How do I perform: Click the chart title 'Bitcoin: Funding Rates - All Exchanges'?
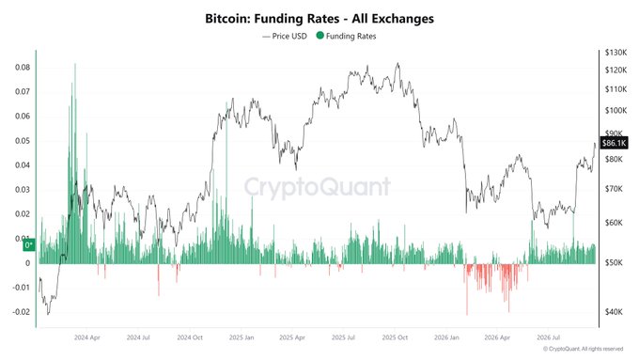click(319, 19)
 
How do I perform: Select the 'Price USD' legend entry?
click(285, 36)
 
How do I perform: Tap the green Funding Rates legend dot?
click(319, 36)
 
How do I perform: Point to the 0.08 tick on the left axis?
click(23, 68)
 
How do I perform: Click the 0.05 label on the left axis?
click(23, 141)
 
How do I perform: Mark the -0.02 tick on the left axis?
click(22, 312)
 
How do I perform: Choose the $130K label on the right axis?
click(616, 53)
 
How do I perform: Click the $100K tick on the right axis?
click(616, 111)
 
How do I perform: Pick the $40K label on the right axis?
click(614, 312)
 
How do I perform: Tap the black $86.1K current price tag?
click(614, 143)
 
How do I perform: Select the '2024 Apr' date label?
click(86, 337)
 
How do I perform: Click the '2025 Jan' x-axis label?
click(242, 337)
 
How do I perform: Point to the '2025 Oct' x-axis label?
click(395, 337)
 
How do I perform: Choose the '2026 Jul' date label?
click(549, 337)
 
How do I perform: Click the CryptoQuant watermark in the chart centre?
click(318, 187)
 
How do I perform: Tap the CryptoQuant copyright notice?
click(584, 349)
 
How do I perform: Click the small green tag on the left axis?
click(29, 245)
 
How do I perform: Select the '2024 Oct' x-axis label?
click(190, 337)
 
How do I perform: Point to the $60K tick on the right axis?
click(614, 223)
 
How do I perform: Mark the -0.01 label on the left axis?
click(22, 288)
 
